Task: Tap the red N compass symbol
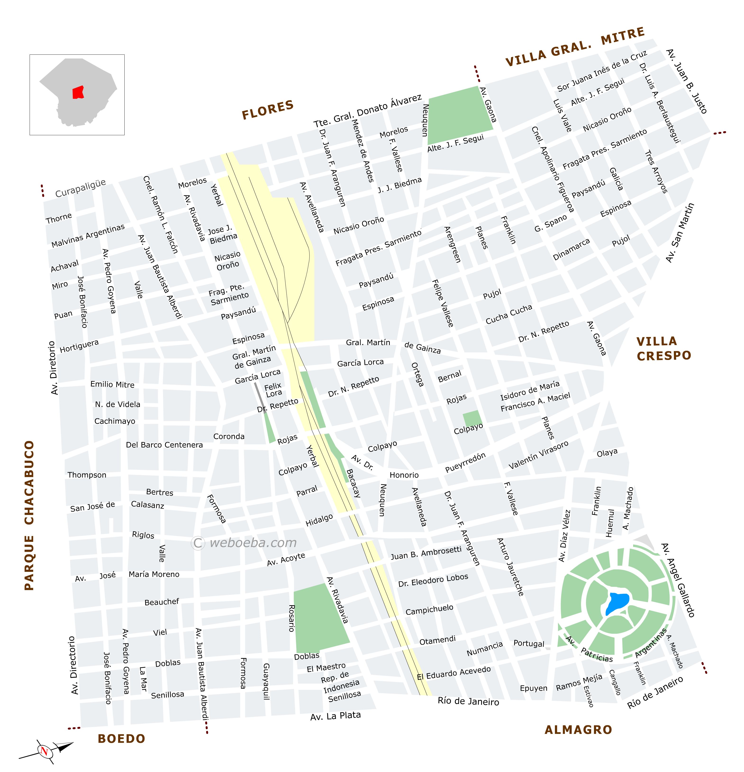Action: click(44, 751)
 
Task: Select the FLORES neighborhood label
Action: click(268, 109)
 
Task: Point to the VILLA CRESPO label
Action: click(664, 349)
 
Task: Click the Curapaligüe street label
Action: click(80, 188)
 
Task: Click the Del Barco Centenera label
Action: click(164, 445)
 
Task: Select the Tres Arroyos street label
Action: click(656, 172)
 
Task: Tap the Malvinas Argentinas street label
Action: click(88, 236)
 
